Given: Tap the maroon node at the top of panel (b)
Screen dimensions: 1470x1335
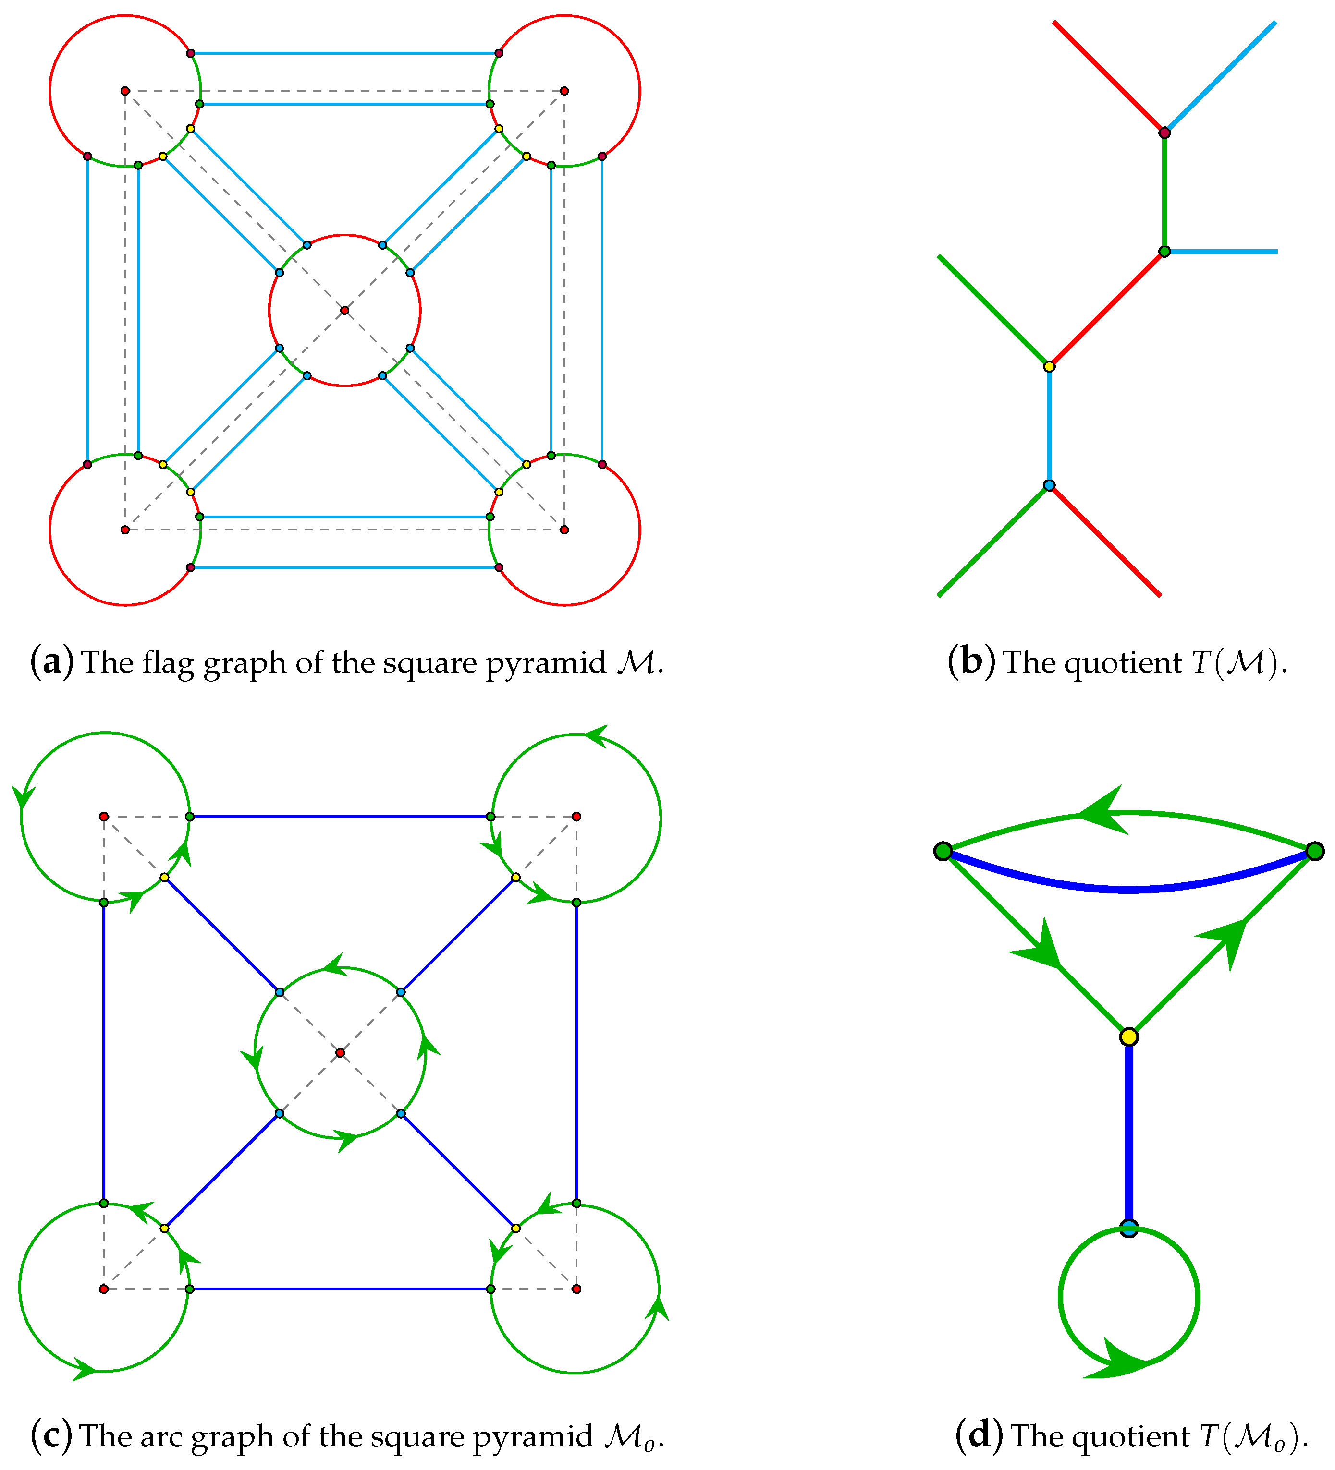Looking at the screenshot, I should [1164, 133].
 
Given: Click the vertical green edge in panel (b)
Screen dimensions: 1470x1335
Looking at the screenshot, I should [1164, 192].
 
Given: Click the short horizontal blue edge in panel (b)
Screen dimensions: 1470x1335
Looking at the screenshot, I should [1222, 252].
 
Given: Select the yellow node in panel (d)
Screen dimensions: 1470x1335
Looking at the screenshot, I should [1128, 1036].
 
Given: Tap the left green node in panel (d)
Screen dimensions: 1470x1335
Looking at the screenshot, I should [943, 851].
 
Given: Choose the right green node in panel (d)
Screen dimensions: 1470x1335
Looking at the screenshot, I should [1314, 851].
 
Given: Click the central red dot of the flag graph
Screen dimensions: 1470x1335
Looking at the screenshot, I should [344, 311].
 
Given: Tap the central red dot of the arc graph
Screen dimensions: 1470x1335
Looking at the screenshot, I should [340, 1053].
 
